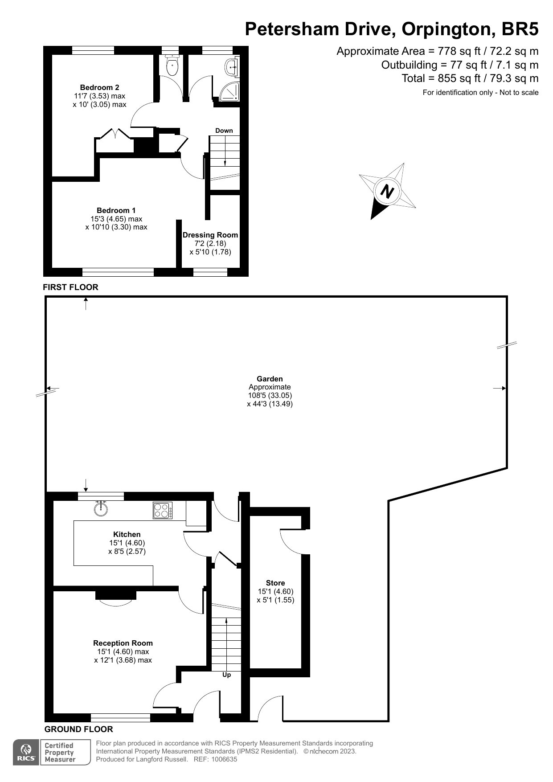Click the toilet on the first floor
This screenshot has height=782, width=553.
(172, 66)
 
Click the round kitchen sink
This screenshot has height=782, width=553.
(101, 508)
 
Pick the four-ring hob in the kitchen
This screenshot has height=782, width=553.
(163, 510)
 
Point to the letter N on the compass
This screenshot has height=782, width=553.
(388, 192)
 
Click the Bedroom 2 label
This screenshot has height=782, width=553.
(99, 87)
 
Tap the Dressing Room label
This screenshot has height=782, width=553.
(210, 235)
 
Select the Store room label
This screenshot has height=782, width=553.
(275, 583)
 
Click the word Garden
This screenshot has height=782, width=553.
(270, 379)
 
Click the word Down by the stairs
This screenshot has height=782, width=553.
(224, 131)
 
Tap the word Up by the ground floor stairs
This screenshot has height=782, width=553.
(227, 675)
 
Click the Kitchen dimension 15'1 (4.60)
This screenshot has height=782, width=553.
(127, 543)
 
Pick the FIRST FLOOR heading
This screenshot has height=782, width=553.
(70, 287)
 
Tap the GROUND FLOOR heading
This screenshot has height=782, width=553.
(79, 729)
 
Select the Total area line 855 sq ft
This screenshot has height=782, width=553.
(470, 78)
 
